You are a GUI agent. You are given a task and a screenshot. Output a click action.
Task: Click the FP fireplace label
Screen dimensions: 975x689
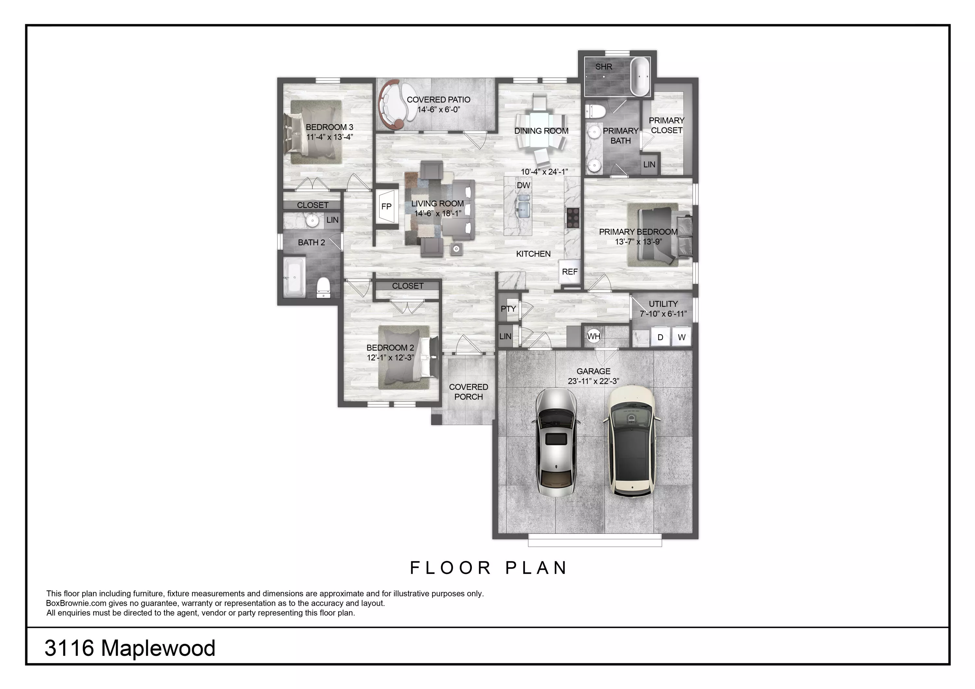coord(386,207)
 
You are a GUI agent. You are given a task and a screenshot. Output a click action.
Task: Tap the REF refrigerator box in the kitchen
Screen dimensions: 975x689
coord(569,272)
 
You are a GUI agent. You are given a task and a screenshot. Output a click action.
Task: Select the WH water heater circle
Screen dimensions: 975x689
coord(594,337)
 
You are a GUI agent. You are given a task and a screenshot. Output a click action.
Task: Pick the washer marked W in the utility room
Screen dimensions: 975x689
coord(682,337)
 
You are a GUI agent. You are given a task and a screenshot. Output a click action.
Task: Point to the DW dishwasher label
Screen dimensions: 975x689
coord(523,186)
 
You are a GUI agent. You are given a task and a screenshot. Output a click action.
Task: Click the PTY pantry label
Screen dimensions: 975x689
coord(508,309)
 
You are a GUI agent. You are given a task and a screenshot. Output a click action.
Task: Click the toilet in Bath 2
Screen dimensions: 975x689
coord(324,287)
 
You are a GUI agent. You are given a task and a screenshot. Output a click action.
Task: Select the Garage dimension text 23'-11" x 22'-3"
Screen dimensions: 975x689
coord(593,381)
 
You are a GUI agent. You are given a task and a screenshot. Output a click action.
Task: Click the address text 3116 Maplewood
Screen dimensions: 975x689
coord(130,648)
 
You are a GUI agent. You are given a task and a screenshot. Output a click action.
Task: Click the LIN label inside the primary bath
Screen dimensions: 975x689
coord(649,165)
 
